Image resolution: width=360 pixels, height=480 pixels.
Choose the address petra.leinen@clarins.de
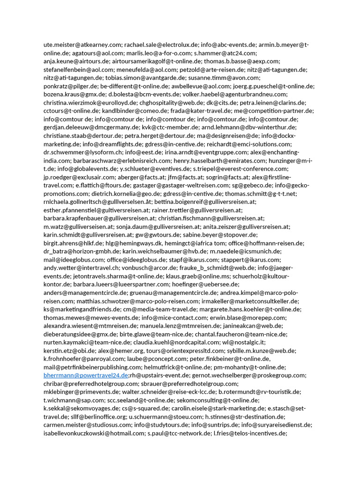click(272, 103)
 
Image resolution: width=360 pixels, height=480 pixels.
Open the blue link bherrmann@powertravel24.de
click(85, 375)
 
